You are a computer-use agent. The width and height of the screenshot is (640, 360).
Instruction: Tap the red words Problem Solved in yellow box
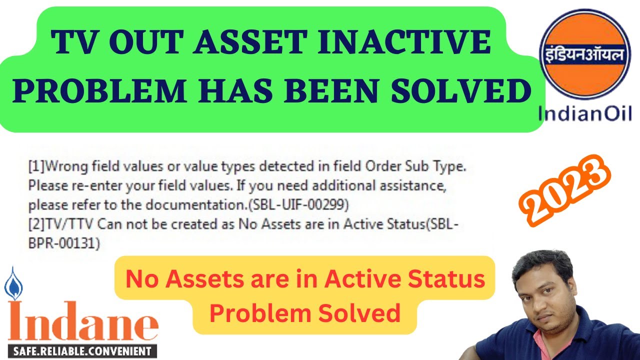coord(304,313)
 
